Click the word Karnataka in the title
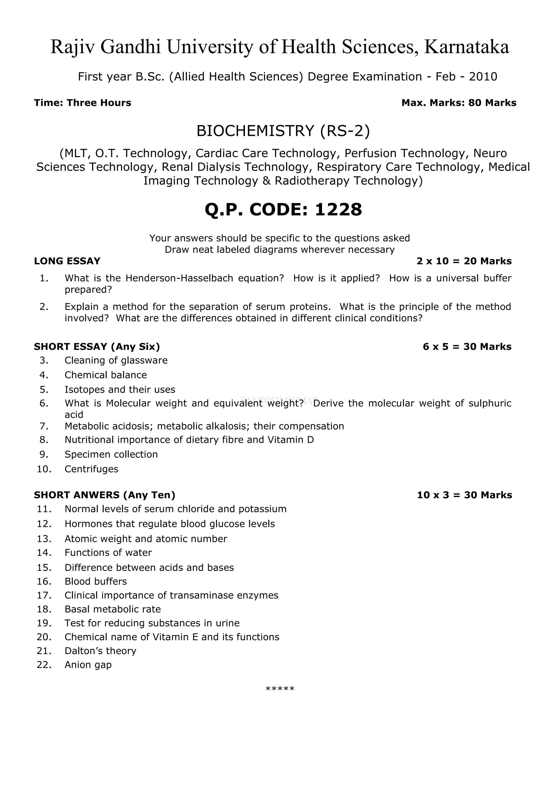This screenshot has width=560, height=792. [466, 47]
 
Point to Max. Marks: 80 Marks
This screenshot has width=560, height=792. [459, 103]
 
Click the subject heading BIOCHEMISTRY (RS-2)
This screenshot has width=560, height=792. [283, 131]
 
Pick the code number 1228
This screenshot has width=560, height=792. [338, 209]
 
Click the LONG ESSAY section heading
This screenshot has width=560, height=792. [67, 261]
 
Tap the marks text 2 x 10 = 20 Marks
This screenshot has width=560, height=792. [464, 261]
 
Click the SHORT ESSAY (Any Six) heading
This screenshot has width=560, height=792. [97, 347]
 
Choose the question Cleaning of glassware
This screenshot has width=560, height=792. [116, 360]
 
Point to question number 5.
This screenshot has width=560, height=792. [44, 390]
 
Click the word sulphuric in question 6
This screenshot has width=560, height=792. [490, 403]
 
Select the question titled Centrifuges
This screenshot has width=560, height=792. [91, 469]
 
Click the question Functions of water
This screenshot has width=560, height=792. [108, 553]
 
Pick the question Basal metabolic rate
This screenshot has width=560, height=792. [113, 609]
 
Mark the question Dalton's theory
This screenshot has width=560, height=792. [100, 651]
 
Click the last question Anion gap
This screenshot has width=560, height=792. [88, 665]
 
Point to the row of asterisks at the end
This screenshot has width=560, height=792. [280, 689]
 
